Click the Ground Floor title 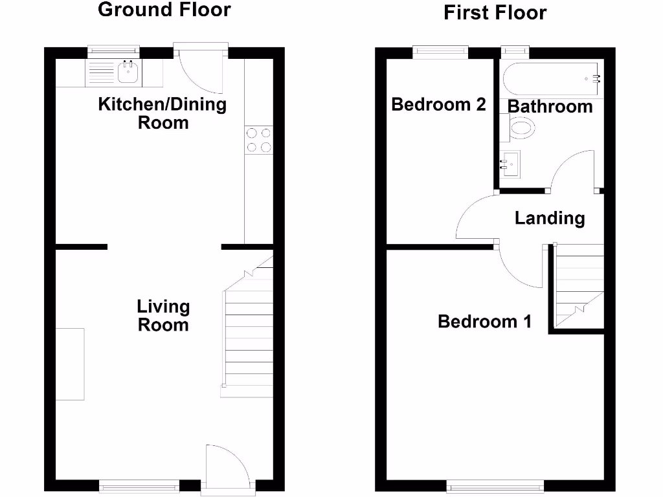point(164,10)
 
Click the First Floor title point(495,12)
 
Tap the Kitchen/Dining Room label point(163,113)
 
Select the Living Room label point(163,315)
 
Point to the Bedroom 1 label point(484,321)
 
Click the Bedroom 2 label point(438,104)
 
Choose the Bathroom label point(550,106)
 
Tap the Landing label point(550,219)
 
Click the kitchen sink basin point(129,73)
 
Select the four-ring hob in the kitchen point(258,140)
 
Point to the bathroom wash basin point(511,164)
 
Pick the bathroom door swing point(573,171)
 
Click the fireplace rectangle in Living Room point(70,364)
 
